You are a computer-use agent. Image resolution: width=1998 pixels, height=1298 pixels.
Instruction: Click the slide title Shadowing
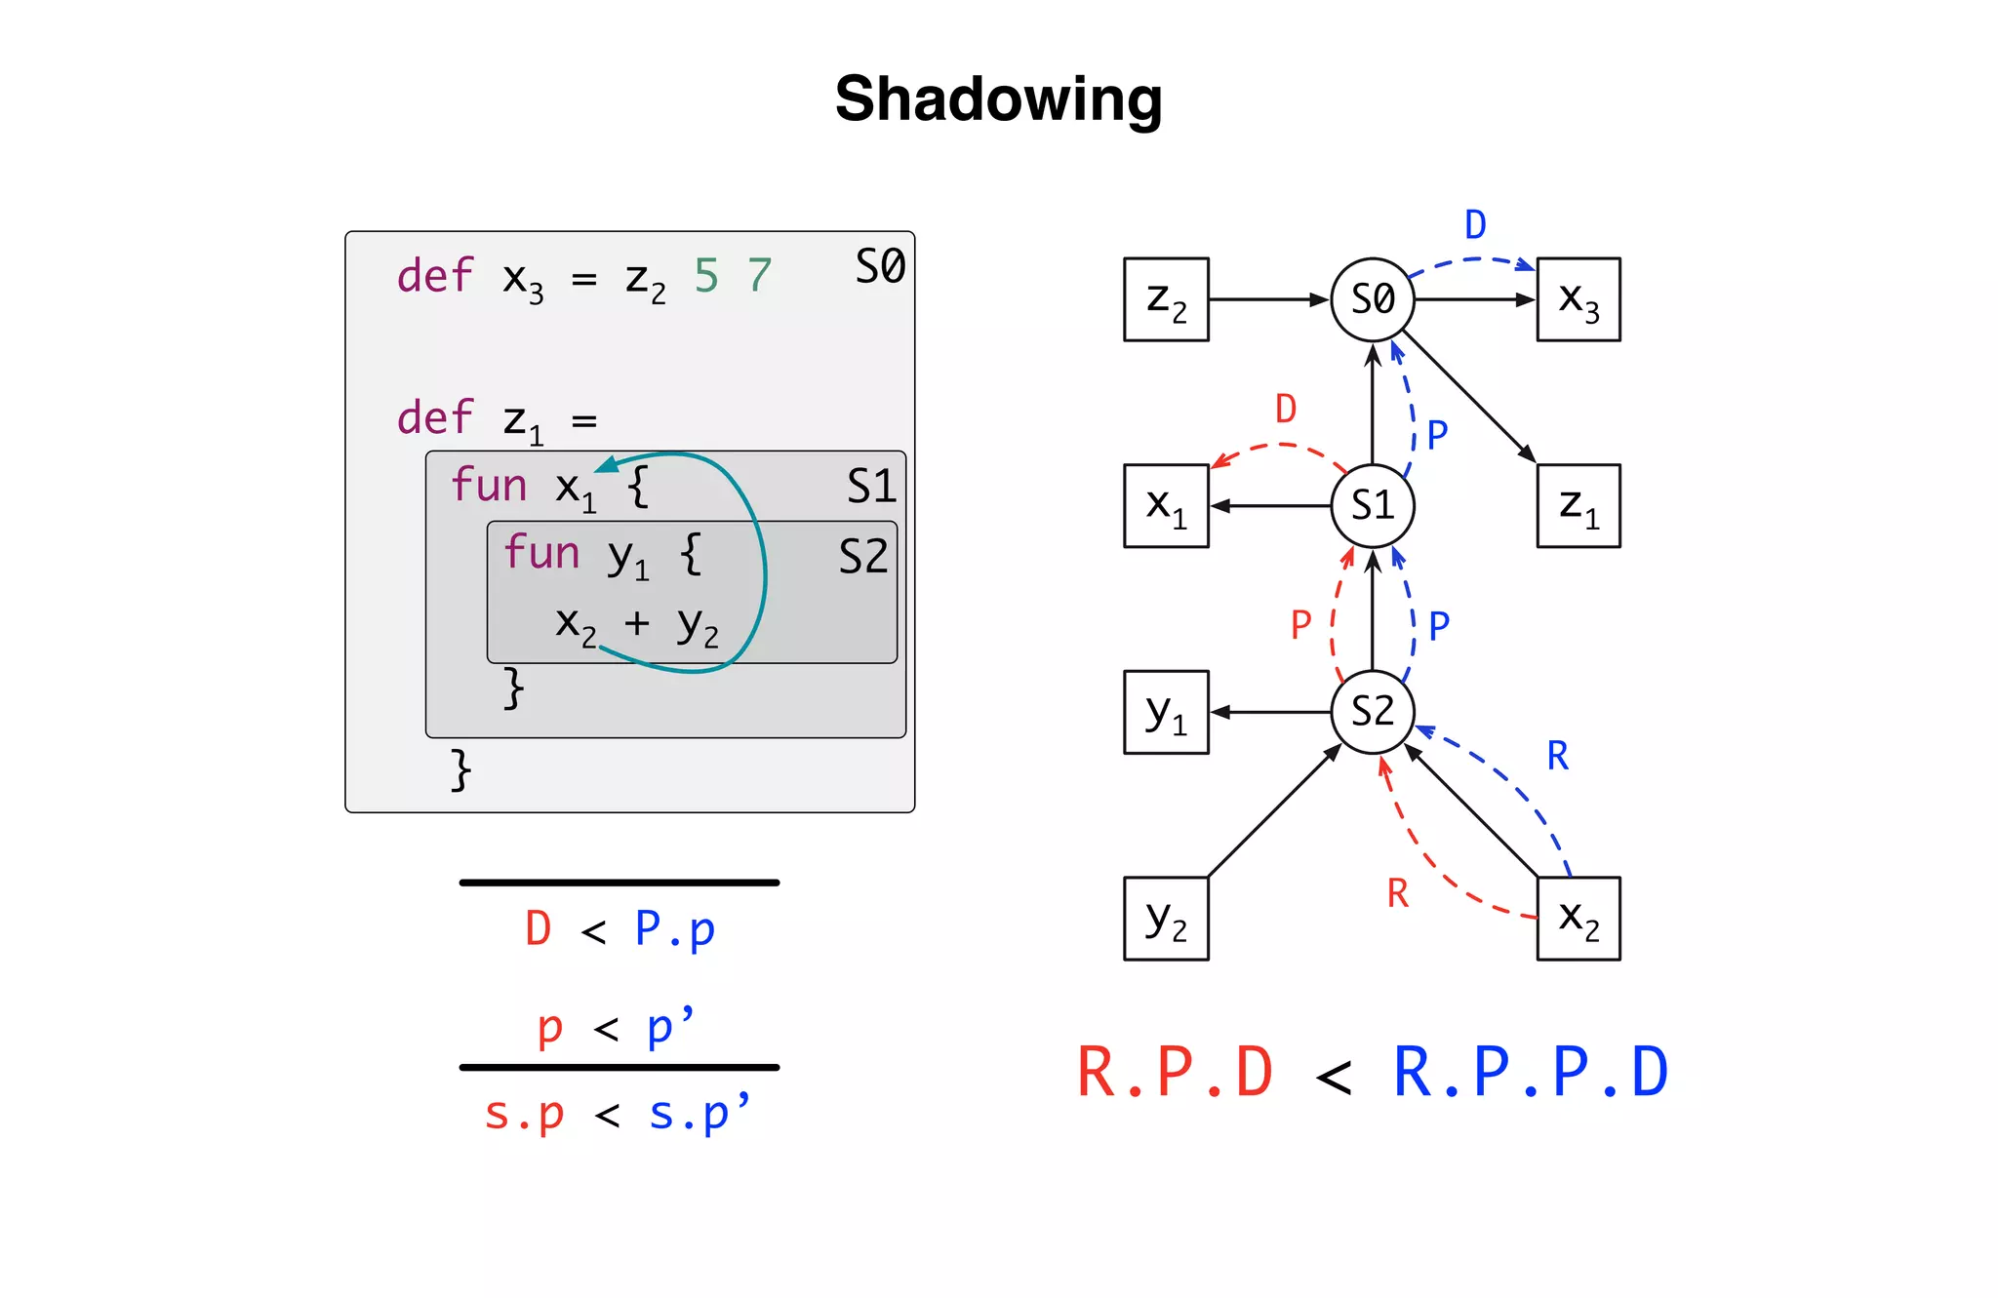point(998,98)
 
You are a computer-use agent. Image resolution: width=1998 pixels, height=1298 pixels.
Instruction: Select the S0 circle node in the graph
point(1373,299)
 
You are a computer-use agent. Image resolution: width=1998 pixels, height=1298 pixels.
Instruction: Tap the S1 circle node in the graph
point(1373,505)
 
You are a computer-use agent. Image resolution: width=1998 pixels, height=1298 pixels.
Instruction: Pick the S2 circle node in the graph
point(1373,712)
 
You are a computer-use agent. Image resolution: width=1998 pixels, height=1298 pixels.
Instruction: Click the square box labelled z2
point(1166,299)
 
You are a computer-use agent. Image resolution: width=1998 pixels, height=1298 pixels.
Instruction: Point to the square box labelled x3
point(1578,299)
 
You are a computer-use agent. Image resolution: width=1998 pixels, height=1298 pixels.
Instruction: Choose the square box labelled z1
point(1578,505)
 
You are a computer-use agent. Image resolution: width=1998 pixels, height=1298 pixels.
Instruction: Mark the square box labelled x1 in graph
point(1166,505)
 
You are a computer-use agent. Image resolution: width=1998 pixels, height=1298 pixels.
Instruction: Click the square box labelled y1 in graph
point(1166,712)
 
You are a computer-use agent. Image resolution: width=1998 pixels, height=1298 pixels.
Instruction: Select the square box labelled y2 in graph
point(1166,919)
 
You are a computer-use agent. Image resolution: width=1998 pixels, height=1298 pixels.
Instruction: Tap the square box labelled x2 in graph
point(1578,919)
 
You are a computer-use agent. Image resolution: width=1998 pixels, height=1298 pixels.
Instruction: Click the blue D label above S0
point(1475,225)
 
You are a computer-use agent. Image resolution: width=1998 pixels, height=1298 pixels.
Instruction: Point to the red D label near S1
point(1286,409)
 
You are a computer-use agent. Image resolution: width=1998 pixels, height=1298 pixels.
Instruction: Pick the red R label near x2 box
point(1397,893)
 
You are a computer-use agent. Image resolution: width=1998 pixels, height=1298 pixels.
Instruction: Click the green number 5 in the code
point(706,276)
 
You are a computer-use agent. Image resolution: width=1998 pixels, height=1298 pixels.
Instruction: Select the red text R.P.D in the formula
point(1176,1073)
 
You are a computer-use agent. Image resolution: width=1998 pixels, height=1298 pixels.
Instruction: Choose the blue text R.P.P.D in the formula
point(1531,1073)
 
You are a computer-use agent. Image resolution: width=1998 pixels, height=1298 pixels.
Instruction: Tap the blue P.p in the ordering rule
point(674,929)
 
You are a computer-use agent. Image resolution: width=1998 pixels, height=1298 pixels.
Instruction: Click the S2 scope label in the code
point(863,557)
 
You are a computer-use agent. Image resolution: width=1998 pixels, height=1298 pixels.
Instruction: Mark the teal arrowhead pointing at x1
point(606,464)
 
